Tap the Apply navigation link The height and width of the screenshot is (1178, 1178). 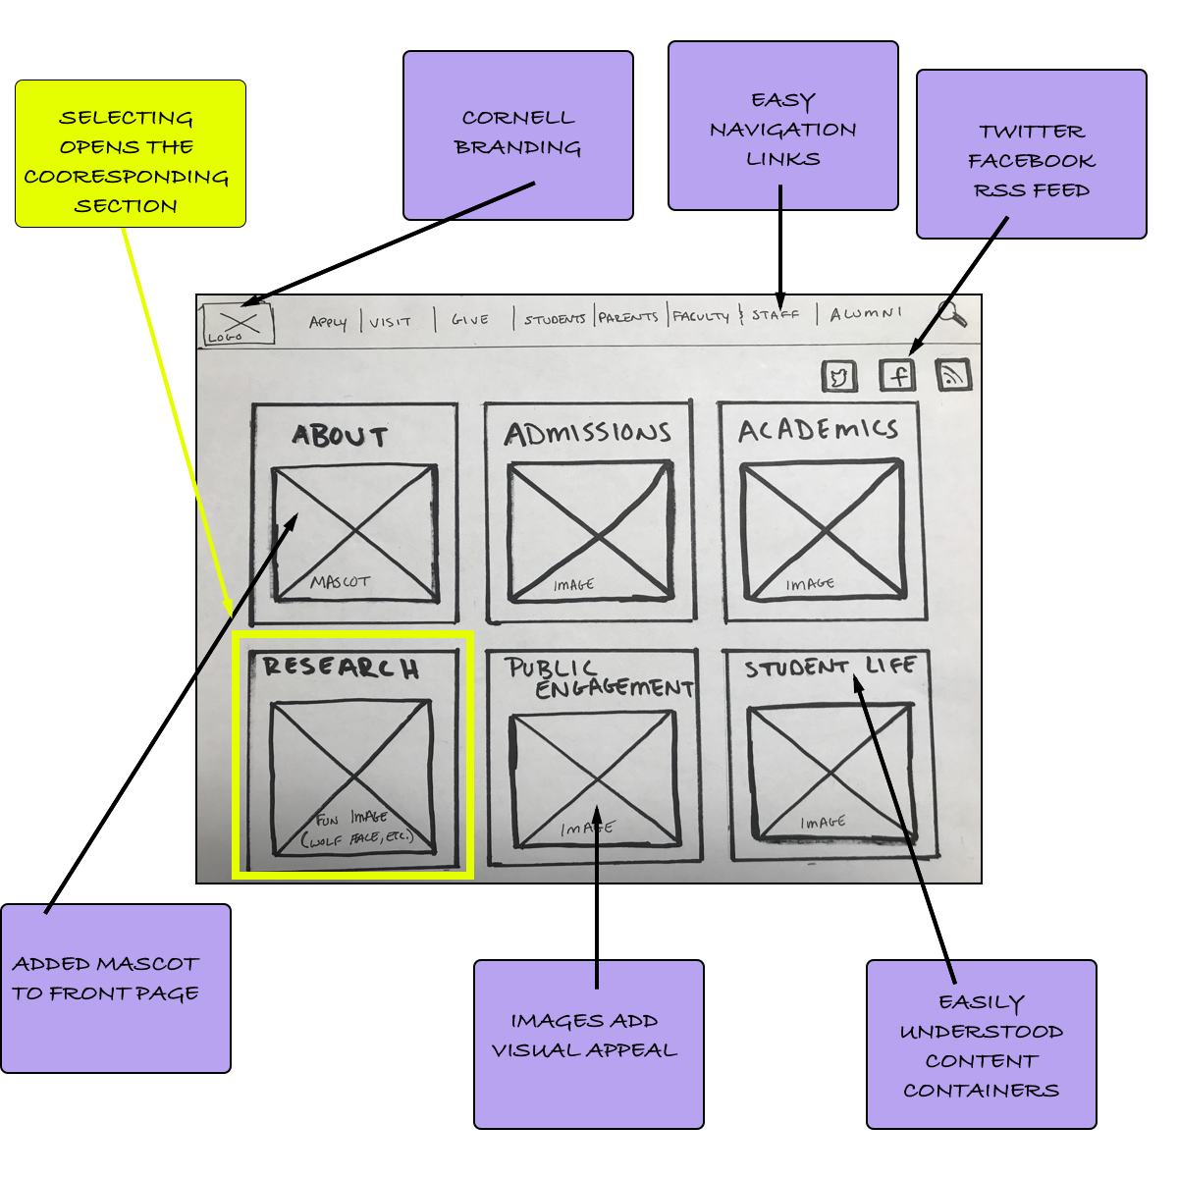(328, 322)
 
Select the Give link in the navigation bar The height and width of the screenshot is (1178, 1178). (470, 320)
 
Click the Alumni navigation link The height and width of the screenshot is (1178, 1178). (865, 314)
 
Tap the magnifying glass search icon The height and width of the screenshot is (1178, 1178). (950, 313)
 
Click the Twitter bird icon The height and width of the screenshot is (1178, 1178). (839, 376)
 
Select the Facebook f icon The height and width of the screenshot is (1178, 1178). (897, 374)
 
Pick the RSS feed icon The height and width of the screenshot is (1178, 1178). (953, 374)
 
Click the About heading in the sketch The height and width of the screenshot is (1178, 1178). (340, 437)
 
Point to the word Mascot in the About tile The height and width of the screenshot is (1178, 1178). (340, 582)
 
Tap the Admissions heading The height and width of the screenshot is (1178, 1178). (587, 433)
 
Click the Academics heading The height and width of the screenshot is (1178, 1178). (818, 430)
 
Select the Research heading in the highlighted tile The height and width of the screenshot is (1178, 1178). (341, 668)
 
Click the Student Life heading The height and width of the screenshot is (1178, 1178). (830, 668)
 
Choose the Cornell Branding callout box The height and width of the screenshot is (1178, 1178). (518, 135)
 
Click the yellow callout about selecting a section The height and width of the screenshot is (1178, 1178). (131, 154)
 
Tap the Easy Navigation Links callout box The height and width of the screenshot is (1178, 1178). (783, 126)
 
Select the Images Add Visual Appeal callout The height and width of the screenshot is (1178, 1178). (589, 1044)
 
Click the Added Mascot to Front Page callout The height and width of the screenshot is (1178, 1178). (116, 988)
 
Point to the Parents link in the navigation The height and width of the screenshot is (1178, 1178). (628, 317)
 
